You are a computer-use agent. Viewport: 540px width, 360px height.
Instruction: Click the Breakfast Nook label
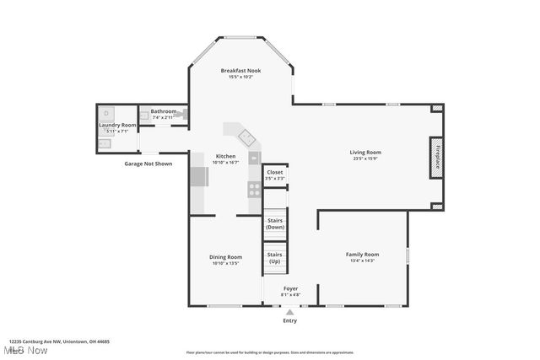[x=240, y=70]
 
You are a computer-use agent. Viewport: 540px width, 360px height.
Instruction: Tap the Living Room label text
[x=365, y=152]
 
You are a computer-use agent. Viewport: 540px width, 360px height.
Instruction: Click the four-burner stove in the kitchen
[x=254, y=189]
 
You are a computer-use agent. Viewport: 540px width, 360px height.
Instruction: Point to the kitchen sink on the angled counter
[x=246, y=137]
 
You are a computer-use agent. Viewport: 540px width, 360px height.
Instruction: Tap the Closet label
[x=275, y=172]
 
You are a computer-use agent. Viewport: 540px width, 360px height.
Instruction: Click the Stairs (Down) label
[x=275, y=223]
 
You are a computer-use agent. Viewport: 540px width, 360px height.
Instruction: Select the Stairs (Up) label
[x=274, y=257]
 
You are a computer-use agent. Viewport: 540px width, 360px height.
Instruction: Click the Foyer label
[x=290, y=288]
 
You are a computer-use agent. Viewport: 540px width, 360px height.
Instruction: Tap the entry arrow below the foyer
[x=290, y=312]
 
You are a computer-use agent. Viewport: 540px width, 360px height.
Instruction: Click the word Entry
[x=290, y=320]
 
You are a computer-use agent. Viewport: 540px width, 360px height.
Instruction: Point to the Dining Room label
[x=226, y=256]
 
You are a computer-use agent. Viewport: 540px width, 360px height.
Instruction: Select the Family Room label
[x=362, y=254]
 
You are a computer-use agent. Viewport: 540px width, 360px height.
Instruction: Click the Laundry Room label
[x=116, y=125]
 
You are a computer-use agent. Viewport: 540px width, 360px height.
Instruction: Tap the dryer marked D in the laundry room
[x=106, y=113]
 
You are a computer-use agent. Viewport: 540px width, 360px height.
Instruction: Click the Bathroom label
[x=164, y=110]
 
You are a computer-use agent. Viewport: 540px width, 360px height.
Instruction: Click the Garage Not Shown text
[x=148, y=164]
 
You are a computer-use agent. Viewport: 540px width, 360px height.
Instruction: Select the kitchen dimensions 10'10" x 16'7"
[x=225, y=162]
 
